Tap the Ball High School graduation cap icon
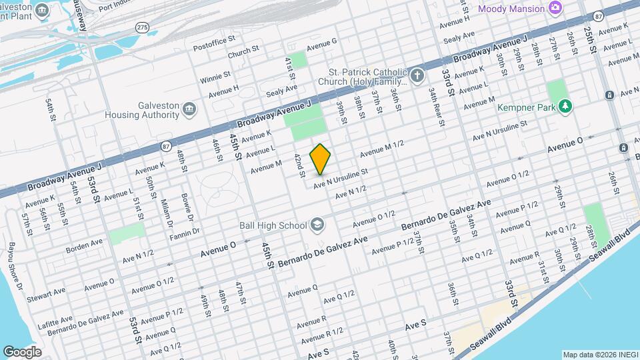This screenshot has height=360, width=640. (x=317, y=225)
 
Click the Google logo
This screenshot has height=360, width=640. (x=22, y=351)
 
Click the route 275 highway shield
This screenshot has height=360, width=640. (x=141, y=26)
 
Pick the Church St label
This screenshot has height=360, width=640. (x=243, y=51)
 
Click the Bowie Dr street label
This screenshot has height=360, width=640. (x=186, y=208)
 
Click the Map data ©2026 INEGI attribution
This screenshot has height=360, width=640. (x=599, y=354)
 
